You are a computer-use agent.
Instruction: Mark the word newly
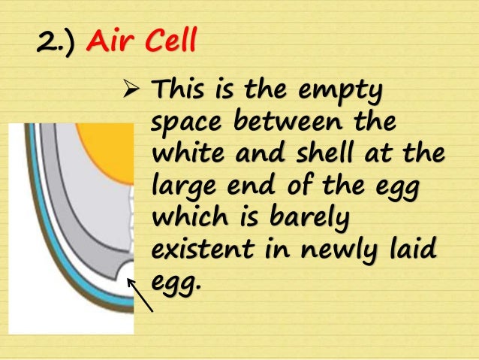point(331,247)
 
